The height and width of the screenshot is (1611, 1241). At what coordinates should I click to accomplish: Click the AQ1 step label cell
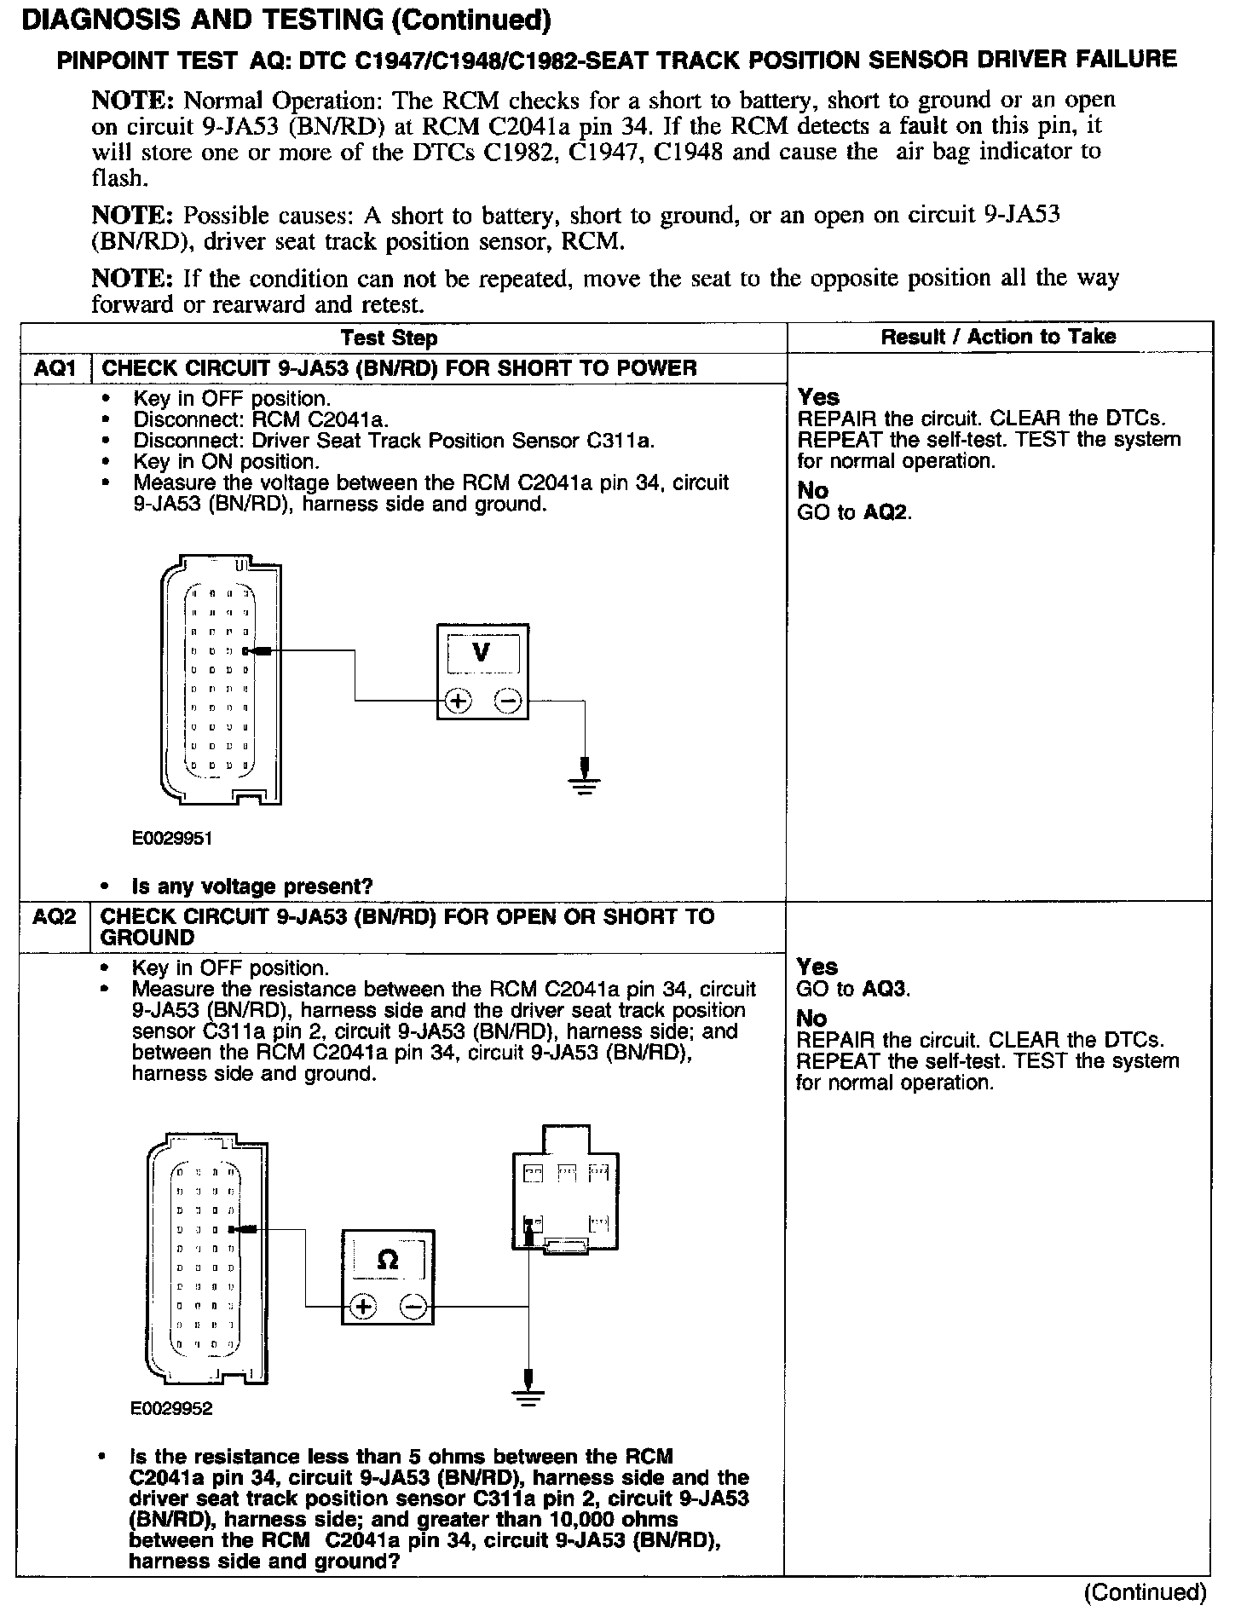click(x=54, y=368)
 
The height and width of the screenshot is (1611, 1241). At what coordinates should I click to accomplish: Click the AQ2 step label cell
click(x=54, y=917)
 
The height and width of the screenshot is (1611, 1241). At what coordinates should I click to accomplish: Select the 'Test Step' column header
click(x=389, y=338)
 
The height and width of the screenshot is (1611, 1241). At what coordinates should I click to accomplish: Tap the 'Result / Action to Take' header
click(x=998, y=337)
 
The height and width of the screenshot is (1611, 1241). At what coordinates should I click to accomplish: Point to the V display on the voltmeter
click(x=482, y=653)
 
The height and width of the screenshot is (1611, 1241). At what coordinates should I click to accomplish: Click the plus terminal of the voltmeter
click(x=459, y=702)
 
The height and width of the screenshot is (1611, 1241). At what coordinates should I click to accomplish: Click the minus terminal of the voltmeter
click(x=508, y=702)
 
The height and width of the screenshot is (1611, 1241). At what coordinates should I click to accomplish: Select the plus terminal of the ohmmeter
click(x=363, y=1307)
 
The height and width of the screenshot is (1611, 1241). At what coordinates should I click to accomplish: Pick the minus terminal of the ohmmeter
click(x=413, y=1307)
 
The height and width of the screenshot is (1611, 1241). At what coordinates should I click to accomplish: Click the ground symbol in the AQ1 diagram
click(x=585, y=782)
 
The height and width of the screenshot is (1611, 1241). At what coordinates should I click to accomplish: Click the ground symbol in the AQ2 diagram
click(x=528, y=1395)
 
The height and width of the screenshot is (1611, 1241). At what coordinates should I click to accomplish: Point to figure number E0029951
click(x=171, y=839)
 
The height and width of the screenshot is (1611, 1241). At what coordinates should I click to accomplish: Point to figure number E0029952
click(x=171, y=1409)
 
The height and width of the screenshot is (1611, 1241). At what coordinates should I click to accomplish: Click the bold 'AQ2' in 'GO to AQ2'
click(x=886, y=512)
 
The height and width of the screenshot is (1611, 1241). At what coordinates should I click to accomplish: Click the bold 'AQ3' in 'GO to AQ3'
click(x=886, y=989)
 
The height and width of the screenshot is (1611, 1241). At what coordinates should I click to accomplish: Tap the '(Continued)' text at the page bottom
click(x=1145, y=1591)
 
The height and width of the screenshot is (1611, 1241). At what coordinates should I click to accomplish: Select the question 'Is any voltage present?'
click(x=252, y=886)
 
